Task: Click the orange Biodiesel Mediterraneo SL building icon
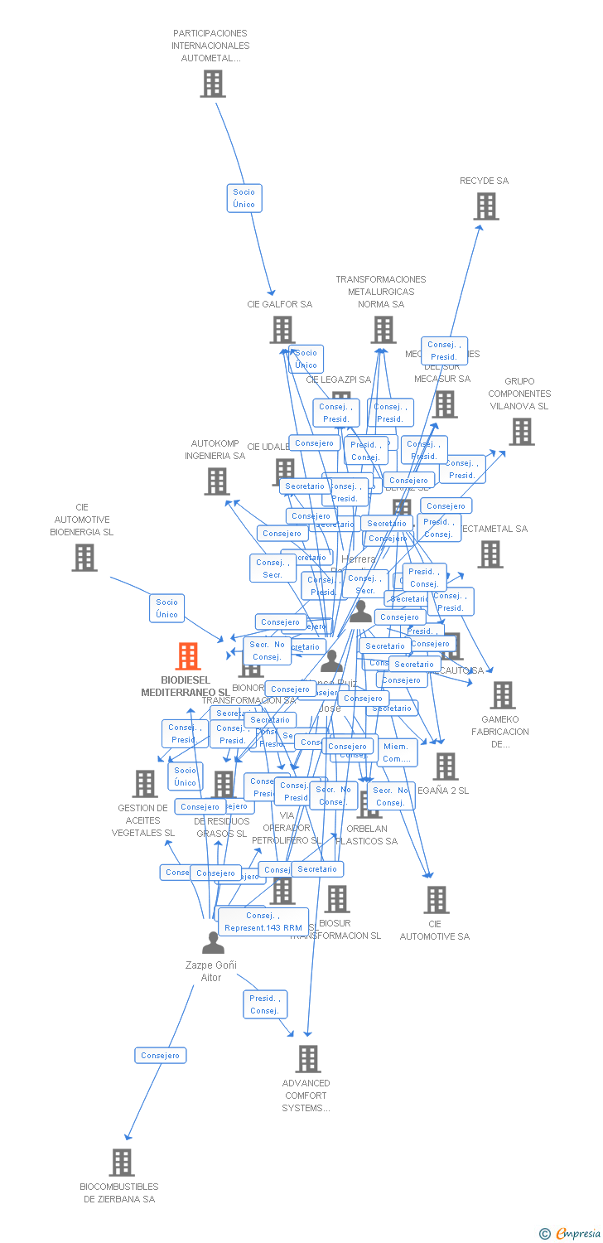click(x=188, y=656)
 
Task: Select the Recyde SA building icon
click(x=486, y=206)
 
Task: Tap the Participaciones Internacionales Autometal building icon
click(x=213, y=84)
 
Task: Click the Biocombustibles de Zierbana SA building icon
click(x=122, y=1163)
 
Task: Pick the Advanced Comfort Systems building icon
click(x=308, y=1059)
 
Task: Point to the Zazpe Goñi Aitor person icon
click(x=213, y=943)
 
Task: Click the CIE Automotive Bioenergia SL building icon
click(x=84, y=558)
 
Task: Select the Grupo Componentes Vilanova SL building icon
click(x=521, y=432)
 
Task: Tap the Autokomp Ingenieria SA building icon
click(x=217, y=481)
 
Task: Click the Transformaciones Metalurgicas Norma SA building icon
click(x=383, y=330)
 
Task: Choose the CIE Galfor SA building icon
click(x=282, y=330)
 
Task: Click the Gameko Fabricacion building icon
click(x=502, y=695)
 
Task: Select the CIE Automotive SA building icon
click(x=436, y=900)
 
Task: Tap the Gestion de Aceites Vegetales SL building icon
click(x=145, y=784)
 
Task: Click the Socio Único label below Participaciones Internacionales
click(x=244, y=198)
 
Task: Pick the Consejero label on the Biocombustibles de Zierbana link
click(x=161, y=1056)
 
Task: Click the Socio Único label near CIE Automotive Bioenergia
click(x=167, y=608)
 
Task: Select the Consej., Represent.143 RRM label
click(x=263, y=921)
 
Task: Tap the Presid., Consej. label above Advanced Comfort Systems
click(x=265, y=1004)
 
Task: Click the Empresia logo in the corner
click(x=572, y=1234)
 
